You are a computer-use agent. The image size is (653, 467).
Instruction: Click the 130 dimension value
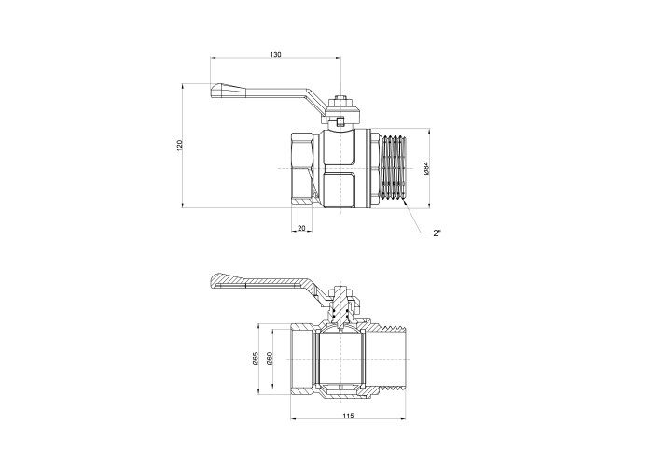(276, 54)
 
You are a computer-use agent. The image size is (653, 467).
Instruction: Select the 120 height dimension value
(180, 145)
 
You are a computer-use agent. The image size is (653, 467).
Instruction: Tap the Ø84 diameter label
(425, 167)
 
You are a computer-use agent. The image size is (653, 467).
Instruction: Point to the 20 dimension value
(301, 228)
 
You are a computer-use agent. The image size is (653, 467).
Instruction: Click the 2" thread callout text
(437, 233)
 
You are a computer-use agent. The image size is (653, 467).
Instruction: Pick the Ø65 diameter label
(256, 359)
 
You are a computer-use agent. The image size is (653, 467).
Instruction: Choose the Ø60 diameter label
(270, 359)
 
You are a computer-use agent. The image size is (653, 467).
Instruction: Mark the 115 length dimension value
(348, 416)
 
